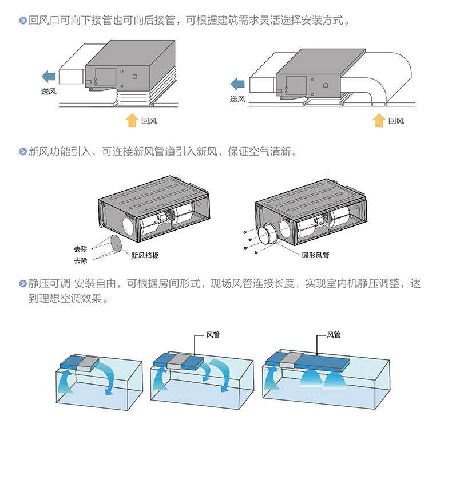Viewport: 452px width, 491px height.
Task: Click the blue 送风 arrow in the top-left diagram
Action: (49, 76)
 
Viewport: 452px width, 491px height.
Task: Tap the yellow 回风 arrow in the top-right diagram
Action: (378, 120)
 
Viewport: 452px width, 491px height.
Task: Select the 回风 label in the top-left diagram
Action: (149, 121)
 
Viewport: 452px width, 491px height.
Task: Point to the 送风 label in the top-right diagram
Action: (237, 98)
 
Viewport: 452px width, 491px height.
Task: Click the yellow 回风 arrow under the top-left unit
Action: (132, 120)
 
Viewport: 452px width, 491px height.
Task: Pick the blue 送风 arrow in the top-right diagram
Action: (237, 84)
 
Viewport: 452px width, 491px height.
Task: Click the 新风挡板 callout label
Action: (145, 256)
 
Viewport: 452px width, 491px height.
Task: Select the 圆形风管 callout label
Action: (315, 255)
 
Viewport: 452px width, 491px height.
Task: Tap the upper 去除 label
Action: (81, 249)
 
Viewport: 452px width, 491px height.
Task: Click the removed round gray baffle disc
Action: (116, 243)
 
